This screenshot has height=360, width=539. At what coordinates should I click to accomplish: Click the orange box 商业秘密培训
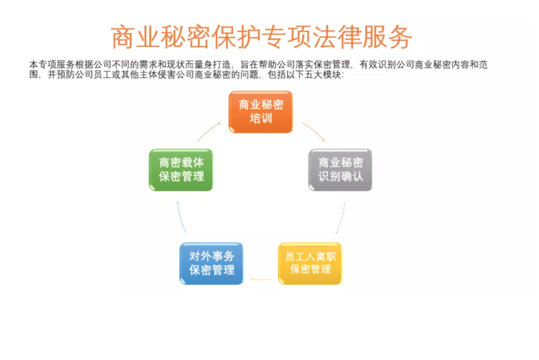261,112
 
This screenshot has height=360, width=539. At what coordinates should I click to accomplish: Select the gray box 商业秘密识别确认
340,170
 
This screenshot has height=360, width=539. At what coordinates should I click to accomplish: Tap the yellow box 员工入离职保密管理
310,263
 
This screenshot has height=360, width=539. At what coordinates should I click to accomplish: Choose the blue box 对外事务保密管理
211,263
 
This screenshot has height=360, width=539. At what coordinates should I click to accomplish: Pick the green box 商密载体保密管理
181,170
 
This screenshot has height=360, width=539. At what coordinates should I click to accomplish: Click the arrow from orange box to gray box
314,130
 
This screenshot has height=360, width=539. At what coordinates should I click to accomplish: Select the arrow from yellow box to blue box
261,279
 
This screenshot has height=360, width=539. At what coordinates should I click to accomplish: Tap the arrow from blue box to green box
181,217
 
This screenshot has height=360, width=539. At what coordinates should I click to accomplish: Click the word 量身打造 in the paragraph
212,64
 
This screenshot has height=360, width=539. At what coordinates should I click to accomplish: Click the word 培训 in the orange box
261,118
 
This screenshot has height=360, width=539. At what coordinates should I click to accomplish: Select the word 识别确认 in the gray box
340,176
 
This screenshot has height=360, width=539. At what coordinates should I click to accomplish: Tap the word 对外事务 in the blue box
211,257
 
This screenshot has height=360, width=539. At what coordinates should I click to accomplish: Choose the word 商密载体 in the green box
181,163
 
